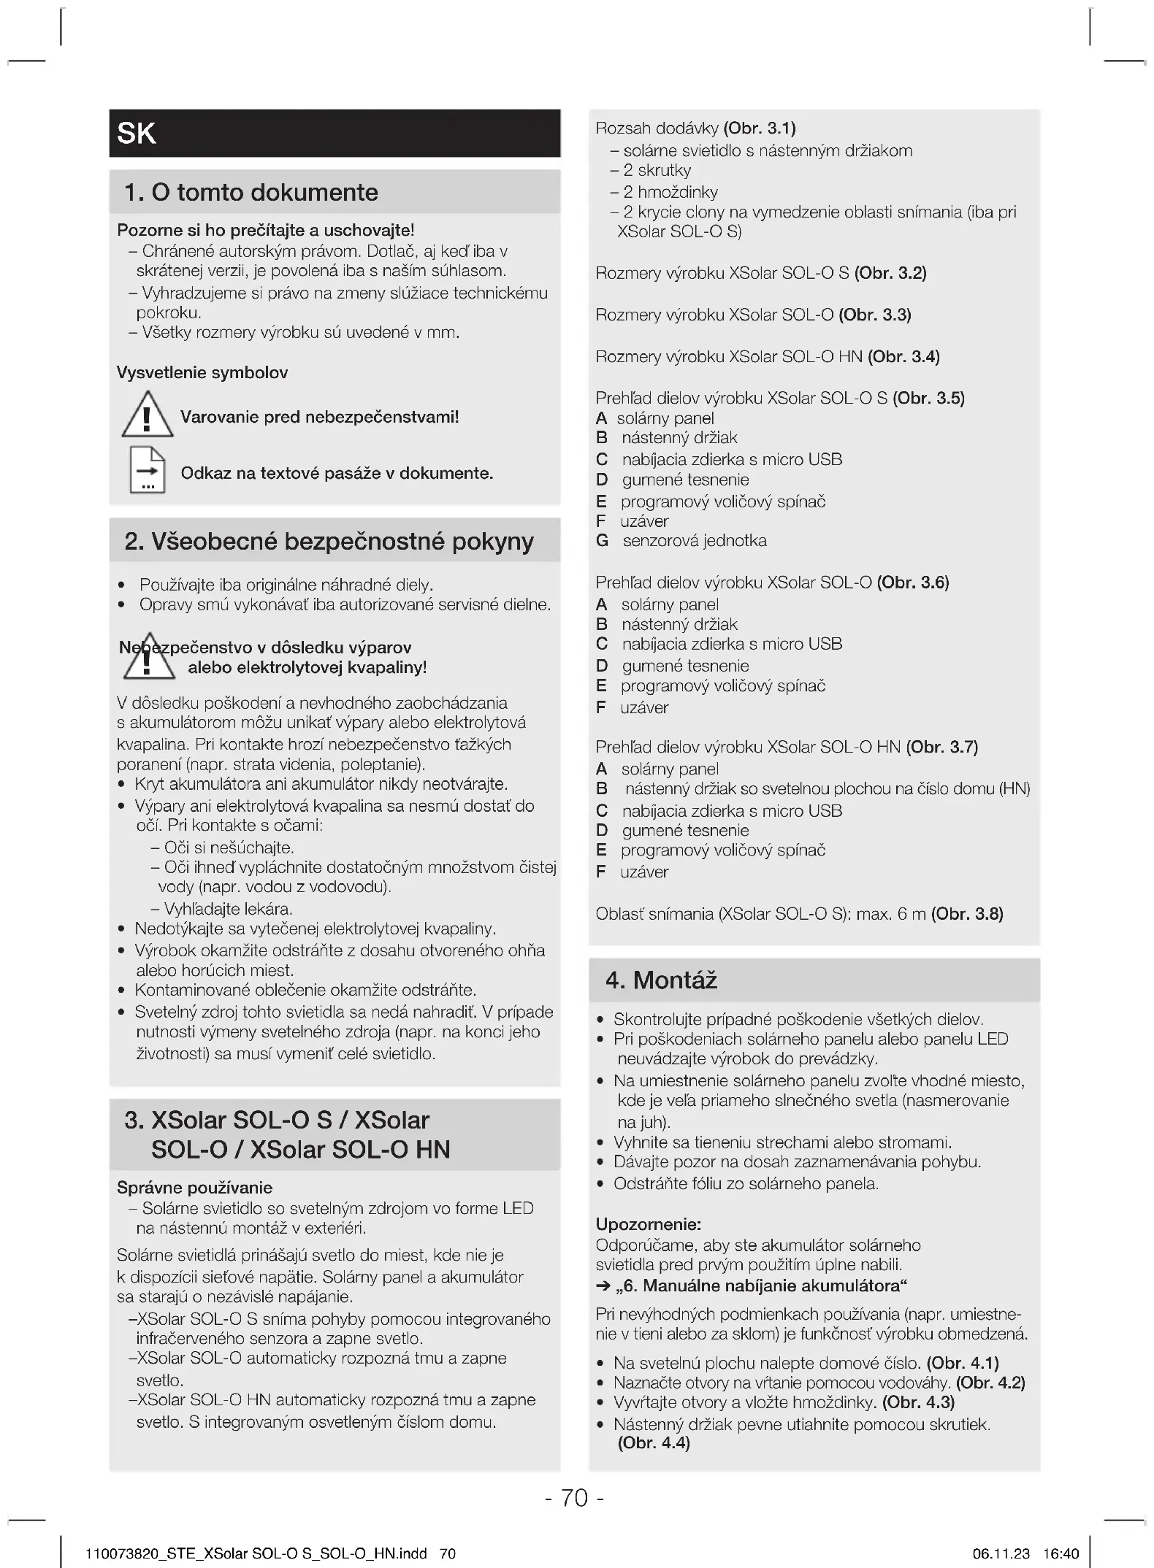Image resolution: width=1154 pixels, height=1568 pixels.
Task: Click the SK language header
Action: pos(137,134)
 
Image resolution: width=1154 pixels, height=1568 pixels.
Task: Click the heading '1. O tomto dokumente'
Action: pos(251,193)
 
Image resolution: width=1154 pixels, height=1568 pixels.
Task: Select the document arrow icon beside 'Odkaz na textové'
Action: pos(148,470)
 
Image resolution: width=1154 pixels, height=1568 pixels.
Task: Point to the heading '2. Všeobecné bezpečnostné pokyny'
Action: pos(329,542)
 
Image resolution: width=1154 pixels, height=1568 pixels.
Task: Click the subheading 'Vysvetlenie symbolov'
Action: pos(202,373)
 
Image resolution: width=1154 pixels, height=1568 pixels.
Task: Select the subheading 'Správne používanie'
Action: pos(194,1188)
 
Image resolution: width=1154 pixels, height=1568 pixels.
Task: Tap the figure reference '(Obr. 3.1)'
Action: pos(760,128)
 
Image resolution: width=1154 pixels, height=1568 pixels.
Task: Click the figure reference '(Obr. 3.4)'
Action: pos(903,357)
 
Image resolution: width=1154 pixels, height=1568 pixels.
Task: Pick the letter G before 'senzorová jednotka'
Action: pos(603,541)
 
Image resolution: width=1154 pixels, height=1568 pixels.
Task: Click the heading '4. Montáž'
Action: pos(661,980)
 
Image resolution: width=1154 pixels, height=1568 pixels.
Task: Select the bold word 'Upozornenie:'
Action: pos(649,1224)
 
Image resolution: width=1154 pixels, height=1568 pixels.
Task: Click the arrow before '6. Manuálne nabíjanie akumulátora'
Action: pos(603,1286)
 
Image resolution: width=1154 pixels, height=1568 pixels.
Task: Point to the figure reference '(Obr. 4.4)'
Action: pos(654,1443)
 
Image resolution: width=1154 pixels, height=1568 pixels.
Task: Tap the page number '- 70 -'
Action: pos(575,1498)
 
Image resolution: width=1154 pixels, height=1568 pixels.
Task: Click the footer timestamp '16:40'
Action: pos(1061,1554)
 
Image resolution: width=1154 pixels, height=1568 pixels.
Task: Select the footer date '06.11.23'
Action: pos(1001,1554)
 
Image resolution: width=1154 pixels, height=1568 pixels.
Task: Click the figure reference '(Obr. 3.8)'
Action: pos(967,915)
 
